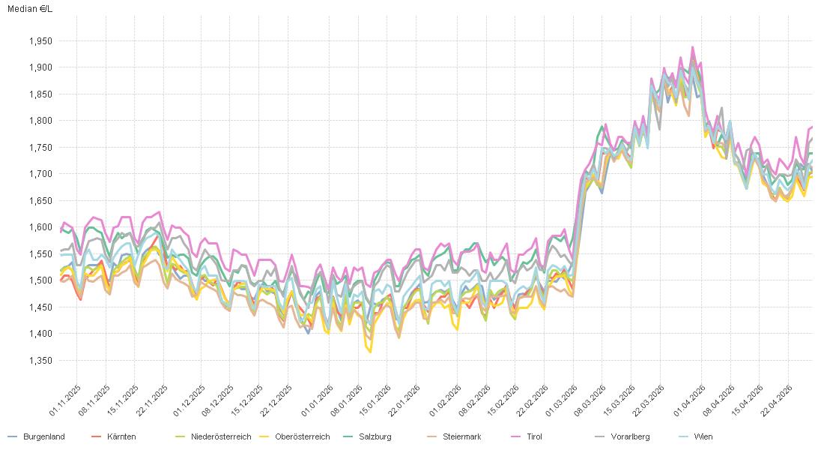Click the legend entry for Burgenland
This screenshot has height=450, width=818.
point(43,436)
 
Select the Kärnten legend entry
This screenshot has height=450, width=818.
point(121,436)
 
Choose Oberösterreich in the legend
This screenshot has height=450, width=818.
point(302,436)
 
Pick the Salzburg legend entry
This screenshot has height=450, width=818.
point(375,436)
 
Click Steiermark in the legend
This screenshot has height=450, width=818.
point(461,436)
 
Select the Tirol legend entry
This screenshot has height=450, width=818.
point(534,436)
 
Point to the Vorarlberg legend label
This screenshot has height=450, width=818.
point(630,436)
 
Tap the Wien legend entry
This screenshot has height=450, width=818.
point(703,436)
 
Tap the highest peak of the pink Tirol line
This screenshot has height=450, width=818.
point(692,47)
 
